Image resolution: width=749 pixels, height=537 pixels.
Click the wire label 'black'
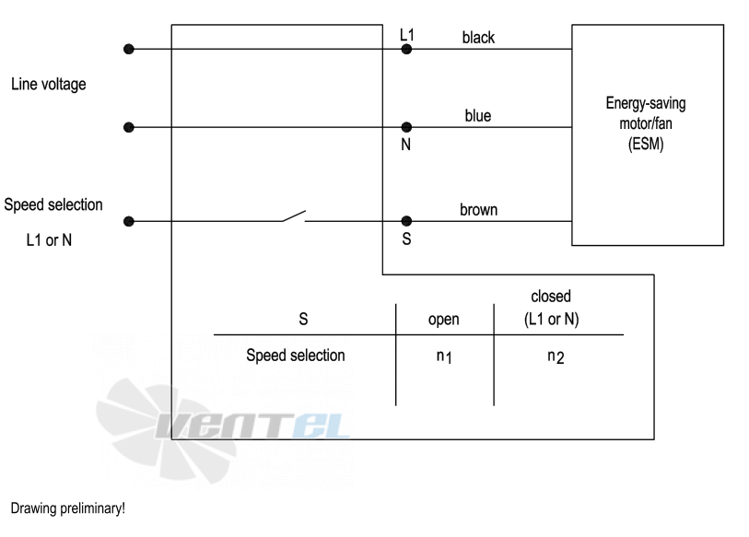pyautogui.click(x=478, y=37)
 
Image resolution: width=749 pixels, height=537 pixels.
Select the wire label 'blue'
pyautogui.click(x=477, y=116)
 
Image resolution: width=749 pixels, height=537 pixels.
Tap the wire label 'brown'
pyautogui.click(x=479, y=210)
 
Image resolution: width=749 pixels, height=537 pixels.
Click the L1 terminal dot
pyautogui.click(x=406, y=49)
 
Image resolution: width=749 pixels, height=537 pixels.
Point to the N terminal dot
pyautogui.click(x=406, y=127)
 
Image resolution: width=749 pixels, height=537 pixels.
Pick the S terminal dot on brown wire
pyautogui.click(x=406, y=221)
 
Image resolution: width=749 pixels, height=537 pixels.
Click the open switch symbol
pyautogui.click(x=294, y=216)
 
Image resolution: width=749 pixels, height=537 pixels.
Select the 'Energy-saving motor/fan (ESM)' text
pyautogui.click(x=646, y=123)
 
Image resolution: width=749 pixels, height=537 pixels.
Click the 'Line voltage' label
pyautogui.click(x=49, y=84)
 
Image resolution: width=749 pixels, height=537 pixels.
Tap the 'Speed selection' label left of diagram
pyautogui.click(x=53, y=204)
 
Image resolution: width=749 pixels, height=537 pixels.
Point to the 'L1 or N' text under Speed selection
pyautogui.click(x=49, y=239)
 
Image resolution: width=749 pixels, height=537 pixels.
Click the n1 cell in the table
pyautogui.click(x=444, y=356)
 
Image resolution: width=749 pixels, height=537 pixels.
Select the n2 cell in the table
pyautogui.click(x=556, y=356)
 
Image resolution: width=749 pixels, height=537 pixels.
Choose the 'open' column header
pyautogui.click(x=444, y=319)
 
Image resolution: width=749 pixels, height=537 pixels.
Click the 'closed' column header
pyautogui.click(x=551, y=297)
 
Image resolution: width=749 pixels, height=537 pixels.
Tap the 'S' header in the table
pyautogui.click(x=303, y=319)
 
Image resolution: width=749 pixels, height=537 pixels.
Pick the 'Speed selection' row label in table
pyautogui.click(x=296, y=356)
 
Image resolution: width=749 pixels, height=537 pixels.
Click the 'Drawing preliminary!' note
pyautogui.click(x=68, y=508)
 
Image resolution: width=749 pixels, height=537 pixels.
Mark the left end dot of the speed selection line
pyautogui.click(x=128, y=221)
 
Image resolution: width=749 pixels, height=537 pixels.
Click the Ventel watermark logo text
pyautogui.click(x=252, y=426)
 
